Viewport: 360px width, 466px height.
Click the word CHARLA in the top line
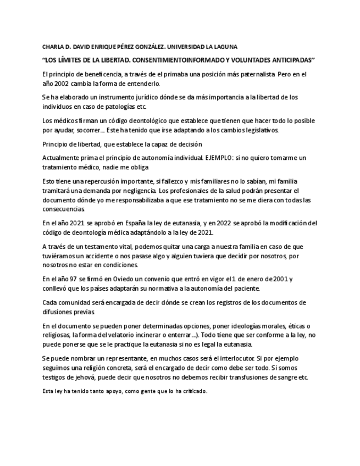[53, 47]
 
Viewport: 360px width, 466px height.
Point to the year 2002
[62, 84]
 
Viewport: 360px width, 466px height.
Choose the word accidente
[104, 256]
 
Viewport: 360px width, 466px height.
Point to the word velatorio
[118, 335]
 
